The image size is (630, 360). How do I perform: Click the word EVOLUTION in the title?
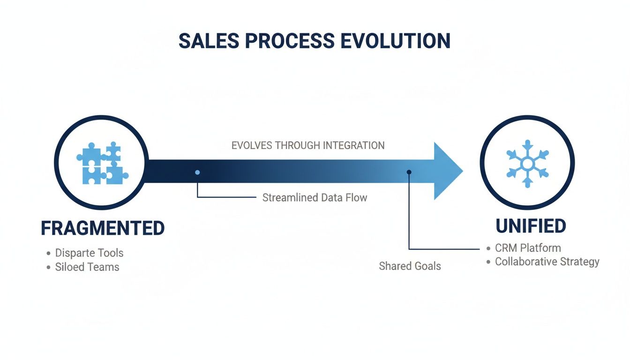[x=395, y=41]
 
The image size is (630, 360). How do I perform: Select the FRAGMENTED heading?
[x=103, y=228]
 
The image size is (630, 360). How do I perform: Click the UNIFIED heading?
[x=531, y=226]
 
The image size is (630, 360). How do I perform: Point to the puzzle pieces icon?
[x=102, y=163]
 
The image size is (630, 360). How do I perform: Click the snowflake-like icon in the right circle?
[x=527, y=164]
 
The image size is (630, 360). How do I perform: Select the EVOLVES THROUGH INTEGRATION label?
[x=308, y=145]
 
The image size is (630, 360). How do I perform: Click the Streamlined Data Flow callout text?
[x=315, y=197]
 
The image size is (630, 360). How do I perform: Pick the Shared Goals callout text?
[x=410, y=266]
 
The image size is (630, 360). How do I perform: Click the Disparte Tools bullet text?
[x=89, y=253]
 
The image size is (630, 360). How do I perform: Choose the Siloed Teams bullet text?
[x=87, y=267]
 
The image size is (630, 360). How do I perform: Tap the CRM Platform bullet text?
[x=528, y=247]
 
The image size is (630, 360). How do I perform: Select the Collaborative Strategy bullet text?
[x=547, y=262]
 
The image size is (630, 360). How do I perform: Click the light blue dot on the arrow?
[x=197, y=172]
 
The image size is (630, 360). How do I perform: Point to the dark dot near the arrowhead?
[x=409, y=172]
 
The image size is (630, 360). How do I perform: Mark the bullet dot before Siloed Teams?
[x=48, y=268]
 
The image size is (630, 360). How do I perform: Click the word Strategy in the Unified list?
[x=579, y=262]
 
